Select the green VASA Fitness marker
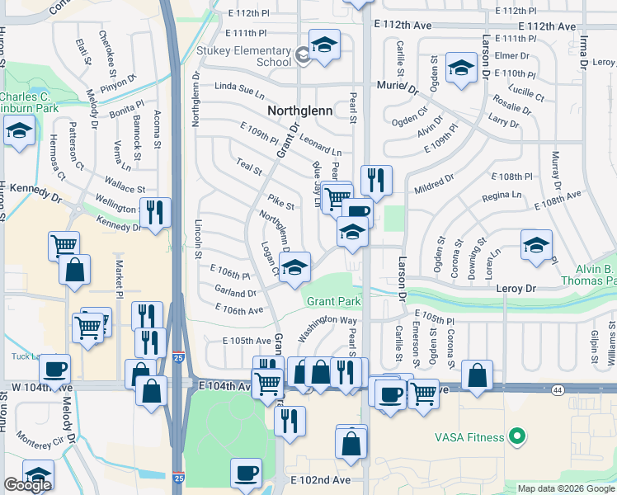[517, 435]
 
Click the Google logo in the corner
[27, 485]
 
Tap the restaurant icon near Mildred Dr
[376, 179]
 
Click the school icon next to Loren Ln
[536, 244]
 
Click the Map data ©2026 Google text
[566, 488]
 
